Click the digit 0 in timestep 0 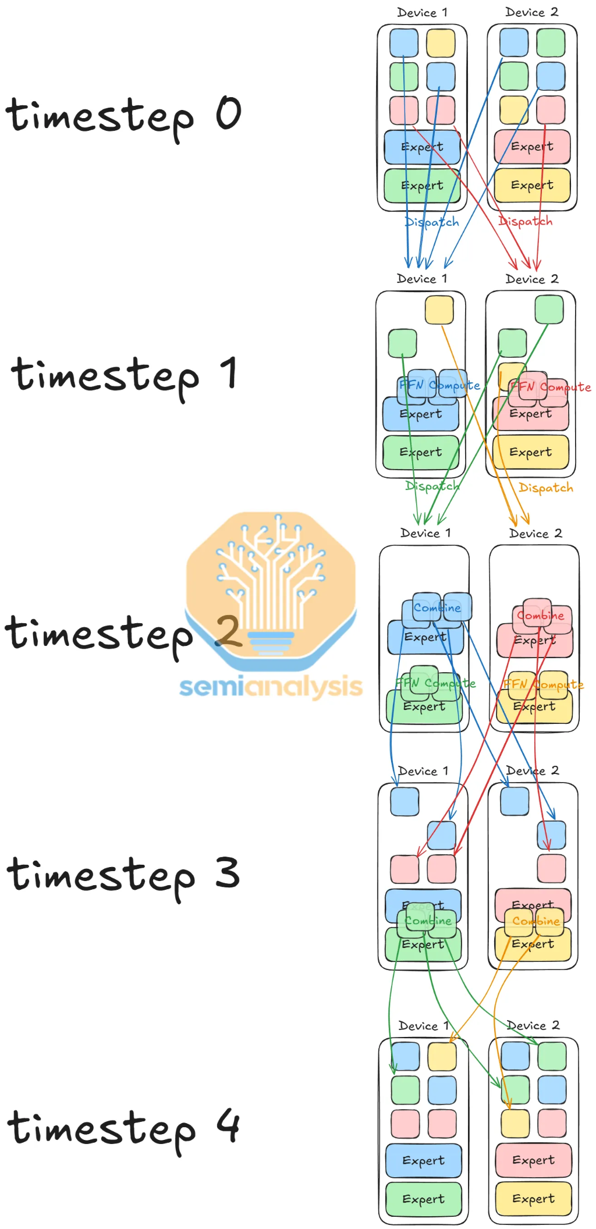[228, 113]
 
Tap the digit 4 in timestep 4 [228, 1126]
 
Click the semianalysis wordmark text [271, 687]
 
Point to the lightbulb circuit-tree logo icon [271, 588]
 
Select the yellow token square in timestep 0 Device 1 [441, 43]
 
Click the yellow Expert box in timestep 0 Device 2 [532, 185]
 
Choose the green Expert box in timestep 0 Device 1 [422, 186]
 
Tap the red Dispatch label [525, 221]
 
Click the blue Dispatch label [432, 222]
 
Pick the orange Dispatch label [546, 488]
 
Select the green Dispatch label [432, 486]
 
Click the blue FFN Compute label [439, 385]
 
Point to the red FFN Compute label [551, 387]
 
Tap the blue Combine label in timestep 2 [437, 608]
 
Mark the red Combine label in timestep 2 [540, 616]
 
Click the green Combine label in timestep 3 [428, 921]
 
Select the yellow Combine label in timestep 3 [536, 921]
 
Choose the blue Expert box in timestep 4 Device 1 [423, 1160]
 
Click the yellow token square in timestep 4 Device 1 [442, 1057]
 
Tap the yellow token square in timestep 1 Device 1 [439, 310]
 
